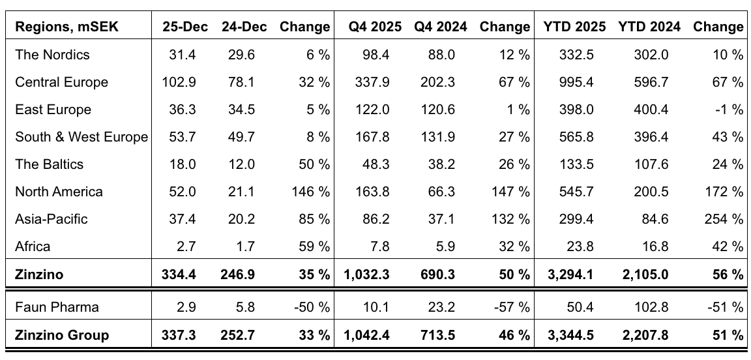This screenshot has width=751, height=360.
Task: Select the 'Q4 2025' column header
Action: click(x=369, y=27)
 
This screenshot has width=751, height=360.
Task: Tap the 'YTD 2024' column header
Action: click(x=649, y=27)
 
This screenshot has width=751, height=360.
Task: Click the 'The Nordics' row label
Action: click(x=52, y=55)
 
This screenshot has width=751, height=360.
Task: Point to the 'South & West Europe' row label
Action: click(x=81, y=137)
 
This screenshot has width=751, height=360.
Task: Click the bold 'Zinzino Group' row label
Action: click(x=62, y=335)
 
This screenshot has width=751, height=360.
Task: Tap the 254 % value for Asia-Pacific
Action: click(x=724, y=219)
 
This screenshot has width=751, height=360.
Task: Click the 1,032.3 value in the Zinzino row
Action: click(x=366, y=275)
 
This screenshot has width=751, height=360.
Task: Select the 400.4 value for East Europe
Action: click(x=651, y=110)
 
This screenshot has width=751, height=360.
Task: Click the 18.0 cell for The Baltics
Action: click(x=183, y=164)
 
